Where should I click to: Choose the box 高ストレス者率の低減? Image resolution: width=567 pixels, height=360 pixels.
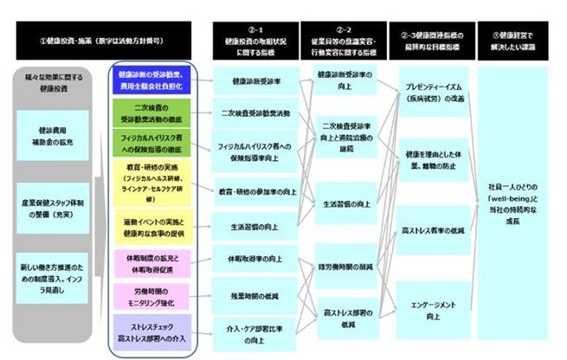pos(433,231)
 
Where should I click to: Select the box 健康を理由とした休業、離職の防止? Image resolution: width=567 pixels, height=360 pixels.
pos(433,159)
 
